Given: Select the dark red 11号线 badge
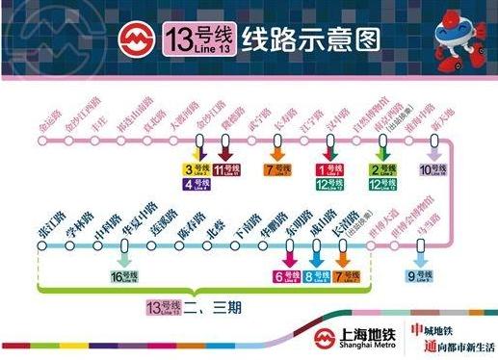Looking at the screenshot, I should pos(226,170).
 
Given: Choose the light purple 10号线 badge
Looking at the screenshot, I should pos(432,170).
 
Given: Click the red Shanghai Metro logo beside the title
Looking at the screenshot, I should pos(133,39).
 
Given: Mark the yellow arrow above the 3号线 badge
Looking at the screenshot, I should pos(197,151).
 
